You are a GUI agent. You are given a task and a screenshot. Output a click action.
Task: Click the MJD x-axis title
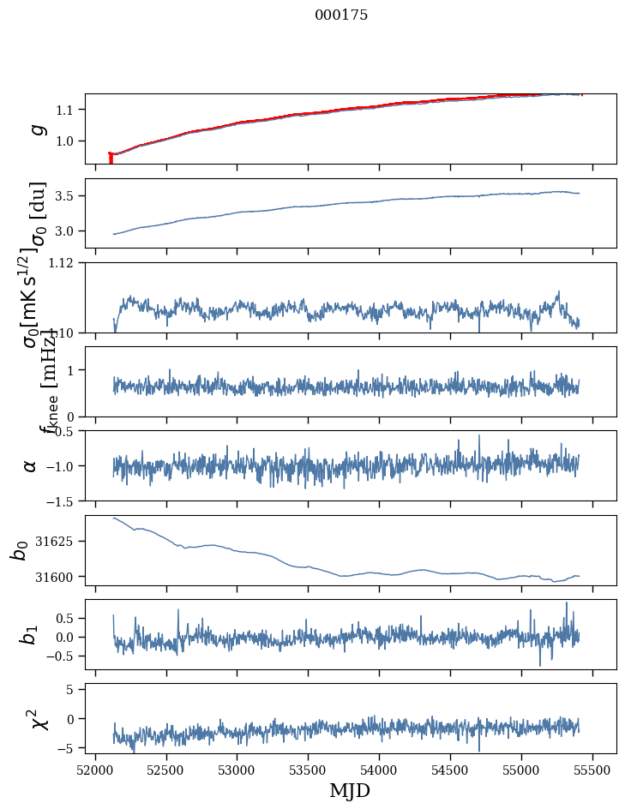350,790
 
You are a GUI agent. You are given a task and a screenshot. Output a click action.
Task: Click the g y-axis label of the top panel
37,129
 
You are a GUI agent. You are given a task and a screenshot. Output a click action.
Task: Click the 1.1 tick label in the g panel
67,110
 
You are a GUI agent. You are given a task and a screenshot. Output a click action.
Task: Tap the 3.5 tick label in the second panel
67,196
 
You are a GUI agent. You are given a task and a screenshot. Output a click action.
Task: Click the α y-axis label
31,465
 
